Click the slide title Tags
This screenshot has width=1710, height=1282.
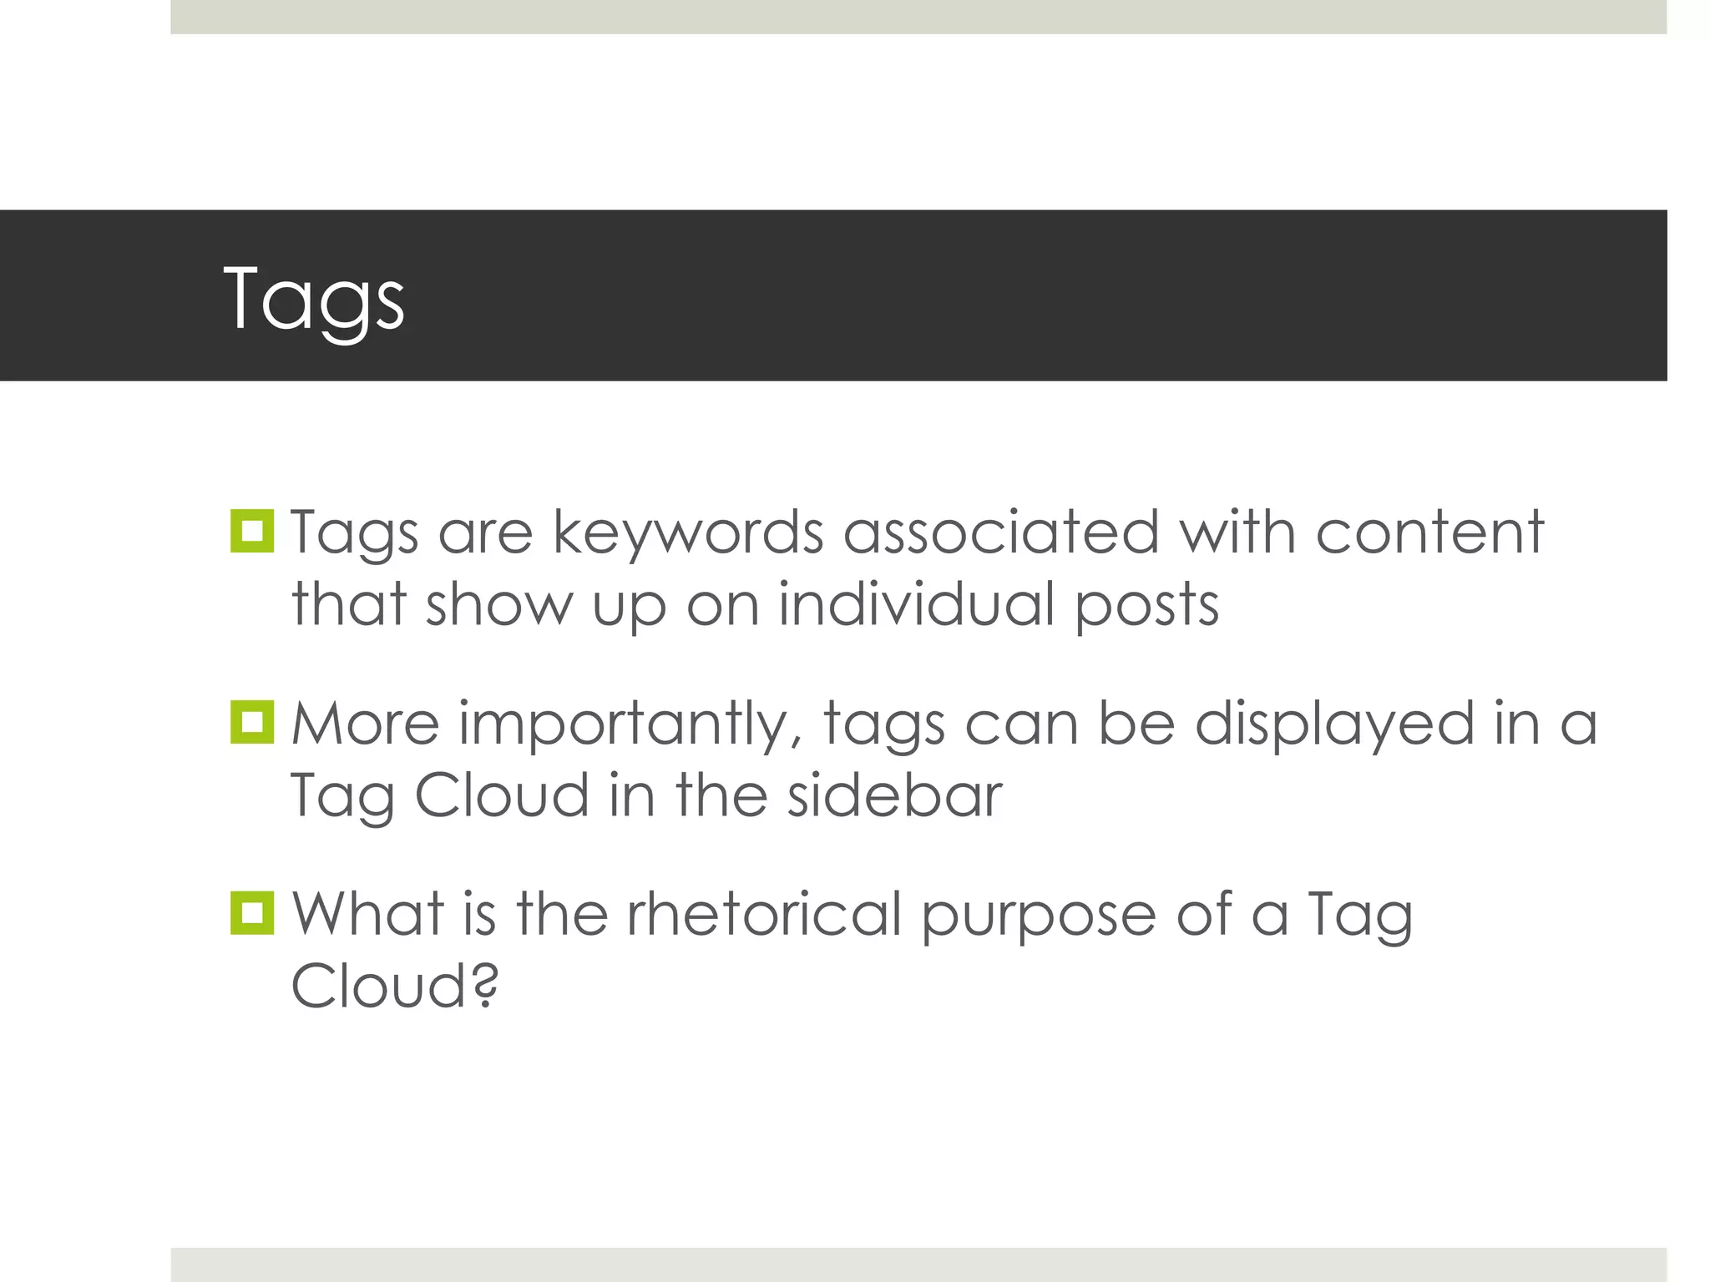[314, 299]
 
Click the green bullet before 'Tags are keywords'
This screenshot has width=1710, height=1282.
[251, 531]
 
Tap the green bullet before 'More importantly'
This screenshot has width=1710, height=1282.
[251, 722]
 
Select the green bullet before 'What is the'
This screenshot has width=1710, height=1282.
[251, 913]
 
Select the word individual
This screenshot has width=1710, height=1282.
[917, 604]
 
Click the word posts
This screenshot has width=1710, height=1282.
[1146, 606]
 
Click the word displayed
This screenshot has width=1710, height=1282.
[1334, 724]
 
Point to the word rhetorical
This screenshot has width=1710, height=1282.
[764, 914]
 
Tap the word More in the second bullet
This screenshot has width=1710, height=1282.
[365, 724]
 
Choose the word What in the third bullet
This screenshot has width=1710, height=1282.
[367, 914]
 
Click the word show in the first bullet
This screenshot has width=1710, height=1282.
[499, 604]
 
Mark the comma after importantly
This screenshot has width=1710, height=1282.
[796, 741]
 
